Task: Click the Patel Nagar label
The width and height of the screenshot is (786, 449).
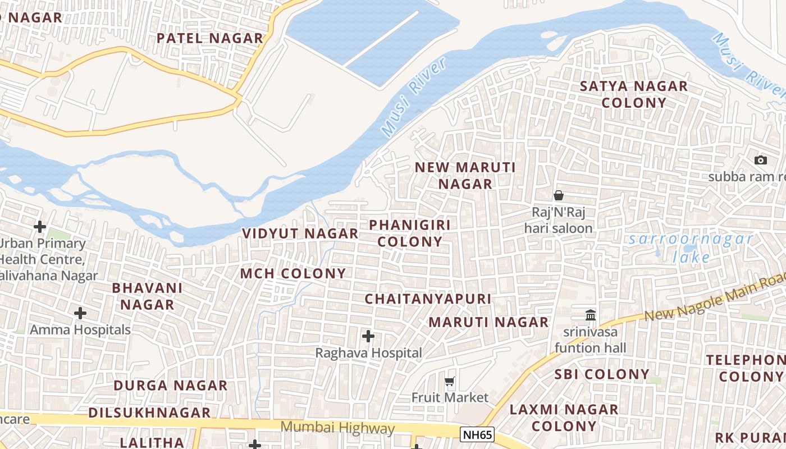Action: pos(209,38)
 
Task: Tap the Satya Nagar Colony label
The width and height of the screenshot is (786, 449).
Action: pos(633,94)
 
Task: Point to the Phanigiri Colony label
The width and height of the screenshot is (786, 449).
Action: pos(410,233)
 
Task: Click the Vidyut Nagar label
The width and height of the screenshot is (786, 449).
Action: pos(300,233)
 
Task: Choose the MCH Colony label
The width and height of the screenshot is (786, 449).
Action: pos(293,273)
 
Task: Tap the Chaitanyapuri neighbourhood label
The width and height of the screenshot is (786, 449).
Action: pos(428,299)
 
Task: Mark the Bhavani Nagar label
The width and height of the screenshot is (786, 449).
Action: pos(148,296)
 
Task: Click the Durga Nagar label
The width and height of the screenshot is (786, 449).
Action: pos(171,386)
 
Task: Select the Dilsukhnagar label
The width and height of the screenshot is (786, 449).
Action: pos(149,413)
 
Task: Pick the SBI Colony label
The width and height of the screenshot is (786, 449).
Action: pos(602,374)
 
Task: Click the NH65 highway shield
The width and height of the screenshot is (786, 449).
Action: pos(477,434)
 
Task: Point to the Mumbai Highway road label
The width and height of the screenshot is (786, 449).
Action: pos(337,428)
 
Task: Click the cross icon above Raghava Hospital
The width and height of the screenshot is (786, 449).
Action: pos(368,336)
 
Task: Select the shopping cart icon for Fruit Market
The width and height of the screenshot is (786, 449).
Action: pos(449,382)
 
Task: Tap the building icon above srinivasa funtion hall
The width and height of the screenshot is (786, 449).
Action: pos(590,315)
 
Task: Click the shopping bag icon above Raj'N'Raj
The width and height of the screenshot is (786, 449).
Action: pos(558,195)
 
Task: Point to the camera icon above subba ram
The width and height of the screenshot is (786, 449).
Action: pos(761,160)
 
